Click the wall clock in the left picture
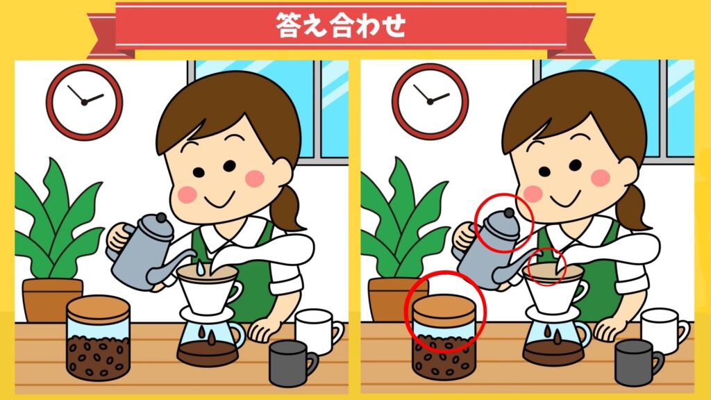[84, 102]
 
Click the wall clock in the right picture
[430, 101]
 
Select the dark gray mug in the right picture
[637, 362]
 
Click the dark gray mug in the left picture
[292, 362]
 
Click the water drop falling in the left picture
[200, 268]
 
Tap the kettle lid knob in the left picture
[161, 217]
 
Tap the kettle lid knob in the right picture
[509, 212]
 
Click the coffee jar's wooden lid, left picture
[99, 308]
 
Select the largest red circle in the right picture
[445, 312]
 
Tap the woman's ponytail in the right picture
[633, 206]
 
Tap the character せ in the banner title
[392, 25]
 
